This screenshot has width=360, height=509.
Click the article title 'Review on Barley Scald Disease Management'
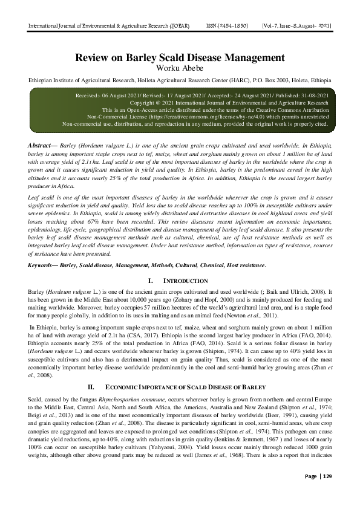180,58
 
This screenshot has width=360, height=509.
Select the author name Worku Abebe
180,68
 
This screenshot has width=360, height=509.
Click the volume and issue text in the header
296,25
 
